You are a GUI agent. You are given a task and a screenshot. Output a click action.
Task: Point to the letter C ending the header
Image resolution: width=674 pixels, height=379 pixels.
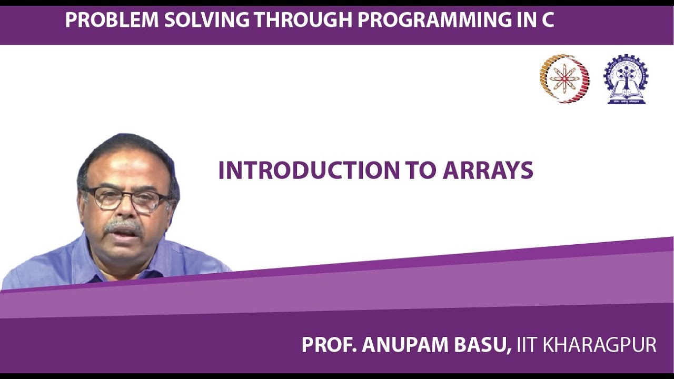tap(547, 20)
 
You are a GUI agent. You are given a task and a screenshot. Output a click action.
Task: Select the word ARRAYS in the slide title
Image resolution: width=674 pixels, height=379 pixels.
tap(488, 171)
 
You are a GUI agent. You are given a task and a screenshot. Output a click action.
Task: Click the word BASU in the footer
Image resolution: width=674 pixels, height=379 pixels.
tap(484, 345)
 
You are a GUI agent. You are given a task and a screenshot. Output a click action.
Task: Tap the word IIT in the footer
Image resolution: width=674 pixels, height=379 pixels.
tap(527, 345)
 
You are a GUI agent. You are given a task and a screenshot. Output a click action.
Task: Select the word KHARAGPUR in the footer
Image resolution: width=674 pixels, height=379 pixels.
tap(600, 345)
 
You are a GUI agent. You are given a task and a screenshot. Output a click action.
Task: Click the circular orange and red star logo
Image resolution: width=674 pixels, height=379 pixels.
tap(564, 78)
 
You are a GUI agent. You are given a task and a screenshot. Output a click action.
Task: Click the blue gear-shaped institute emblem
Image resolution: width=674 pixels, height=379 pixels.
tap(626, 79)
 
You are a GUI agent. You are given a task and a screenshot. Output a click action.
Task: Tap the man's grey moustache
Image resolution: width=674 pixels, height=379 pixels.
tap(123, 227)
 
